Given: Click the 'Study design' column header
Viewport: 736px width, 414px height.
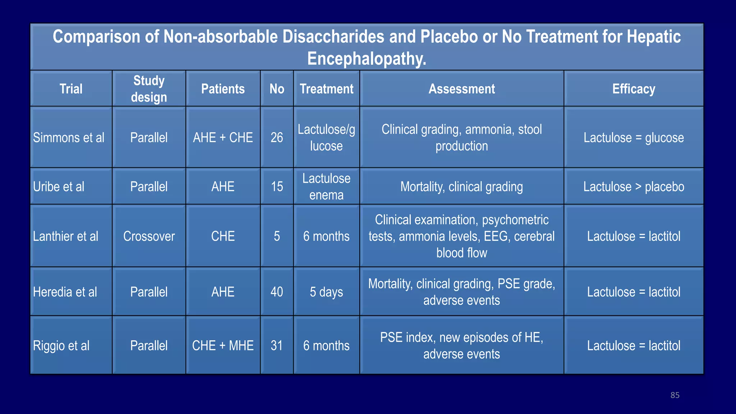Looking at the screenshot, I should (x=149, y=89).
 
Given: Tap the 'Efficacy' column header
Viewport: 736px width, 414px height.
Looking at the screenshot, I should (x=634, y=89).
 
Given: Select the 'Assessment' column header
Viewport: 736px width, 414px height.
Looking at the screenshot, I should (x=461, y=89).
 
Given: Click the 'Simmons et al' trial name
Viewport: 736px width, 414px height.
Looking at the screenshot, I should (x=69, y=138).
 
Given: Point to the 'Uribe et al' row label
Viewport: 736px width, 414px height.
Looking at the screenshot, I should (x=59, y=187).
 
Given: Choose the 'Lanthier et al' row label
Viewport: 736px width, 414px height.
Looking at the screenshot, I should (x=65, y=236).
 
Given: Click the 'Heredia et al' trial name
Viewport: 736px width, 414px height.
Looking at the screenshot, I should (x=65, y=292).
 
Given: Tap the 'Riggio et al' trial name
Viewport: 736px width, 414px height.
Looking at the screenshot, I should (x=61, y=346).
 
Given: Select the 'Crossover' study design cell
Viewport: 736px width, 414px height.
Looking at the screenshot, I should (x=149, y=236).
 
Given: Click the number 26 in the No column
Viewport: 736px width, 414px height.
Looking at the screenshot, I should (x=277, y=138).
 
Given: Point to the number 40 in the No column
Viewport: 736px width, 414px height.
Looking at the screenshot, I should (x=277, y=292).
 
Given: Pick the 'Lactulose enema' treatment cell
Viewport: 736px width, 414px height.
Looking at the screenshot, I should (x=326, y=187).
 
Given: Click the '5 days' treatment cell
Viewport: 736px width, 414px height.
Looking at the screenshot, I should (x=326, y=292).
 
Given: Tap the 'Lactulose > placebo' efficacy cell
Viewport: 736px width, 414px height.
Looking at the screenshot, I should (x=634, y=187).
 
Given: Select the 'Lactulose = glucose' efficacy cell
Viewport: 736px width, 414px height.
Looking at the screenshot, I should (x=634, y=138).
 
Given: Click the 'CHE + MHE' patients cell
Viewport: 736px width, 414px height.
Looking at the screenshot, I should (x=223, y=346).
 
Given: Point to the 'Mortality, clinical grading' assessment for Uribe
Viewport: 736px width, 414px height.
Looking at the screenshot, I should (x=461, y=187).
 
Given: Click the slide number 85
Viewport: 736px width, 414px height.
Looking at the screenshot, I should (x=675, y=395).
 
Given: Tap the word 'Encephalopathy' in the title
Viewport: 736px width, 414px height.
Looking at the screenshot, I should (x=366, y=59).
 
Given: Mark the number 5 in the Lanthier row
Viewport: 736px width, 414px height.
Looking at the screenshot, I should (x=277, y=236).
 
